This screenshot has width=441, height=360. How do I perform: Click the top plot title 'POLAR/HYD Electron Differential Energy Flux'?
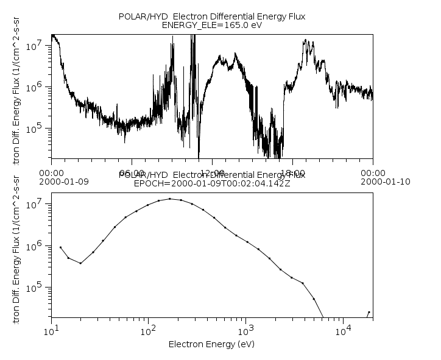(211, 16)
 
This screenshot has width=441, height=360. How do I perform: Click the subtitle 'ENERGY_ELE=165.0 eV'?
(211, 26)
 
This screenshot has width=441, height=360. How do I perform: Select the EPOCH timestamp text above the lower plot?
(211, 183)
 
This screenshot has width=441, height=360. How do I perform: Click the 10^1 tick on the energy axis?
(51, 330)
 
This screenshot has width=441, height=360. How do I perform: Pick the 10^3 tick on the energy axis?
(245, 330)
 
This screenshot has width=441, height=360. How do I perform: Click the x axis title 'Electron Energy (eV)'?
(211, 344)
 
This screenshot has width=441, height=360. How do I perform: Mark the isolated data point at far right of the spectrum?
(369, 312)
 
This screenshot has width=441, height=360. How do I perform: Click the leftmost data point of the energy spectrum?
(60, 247)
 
